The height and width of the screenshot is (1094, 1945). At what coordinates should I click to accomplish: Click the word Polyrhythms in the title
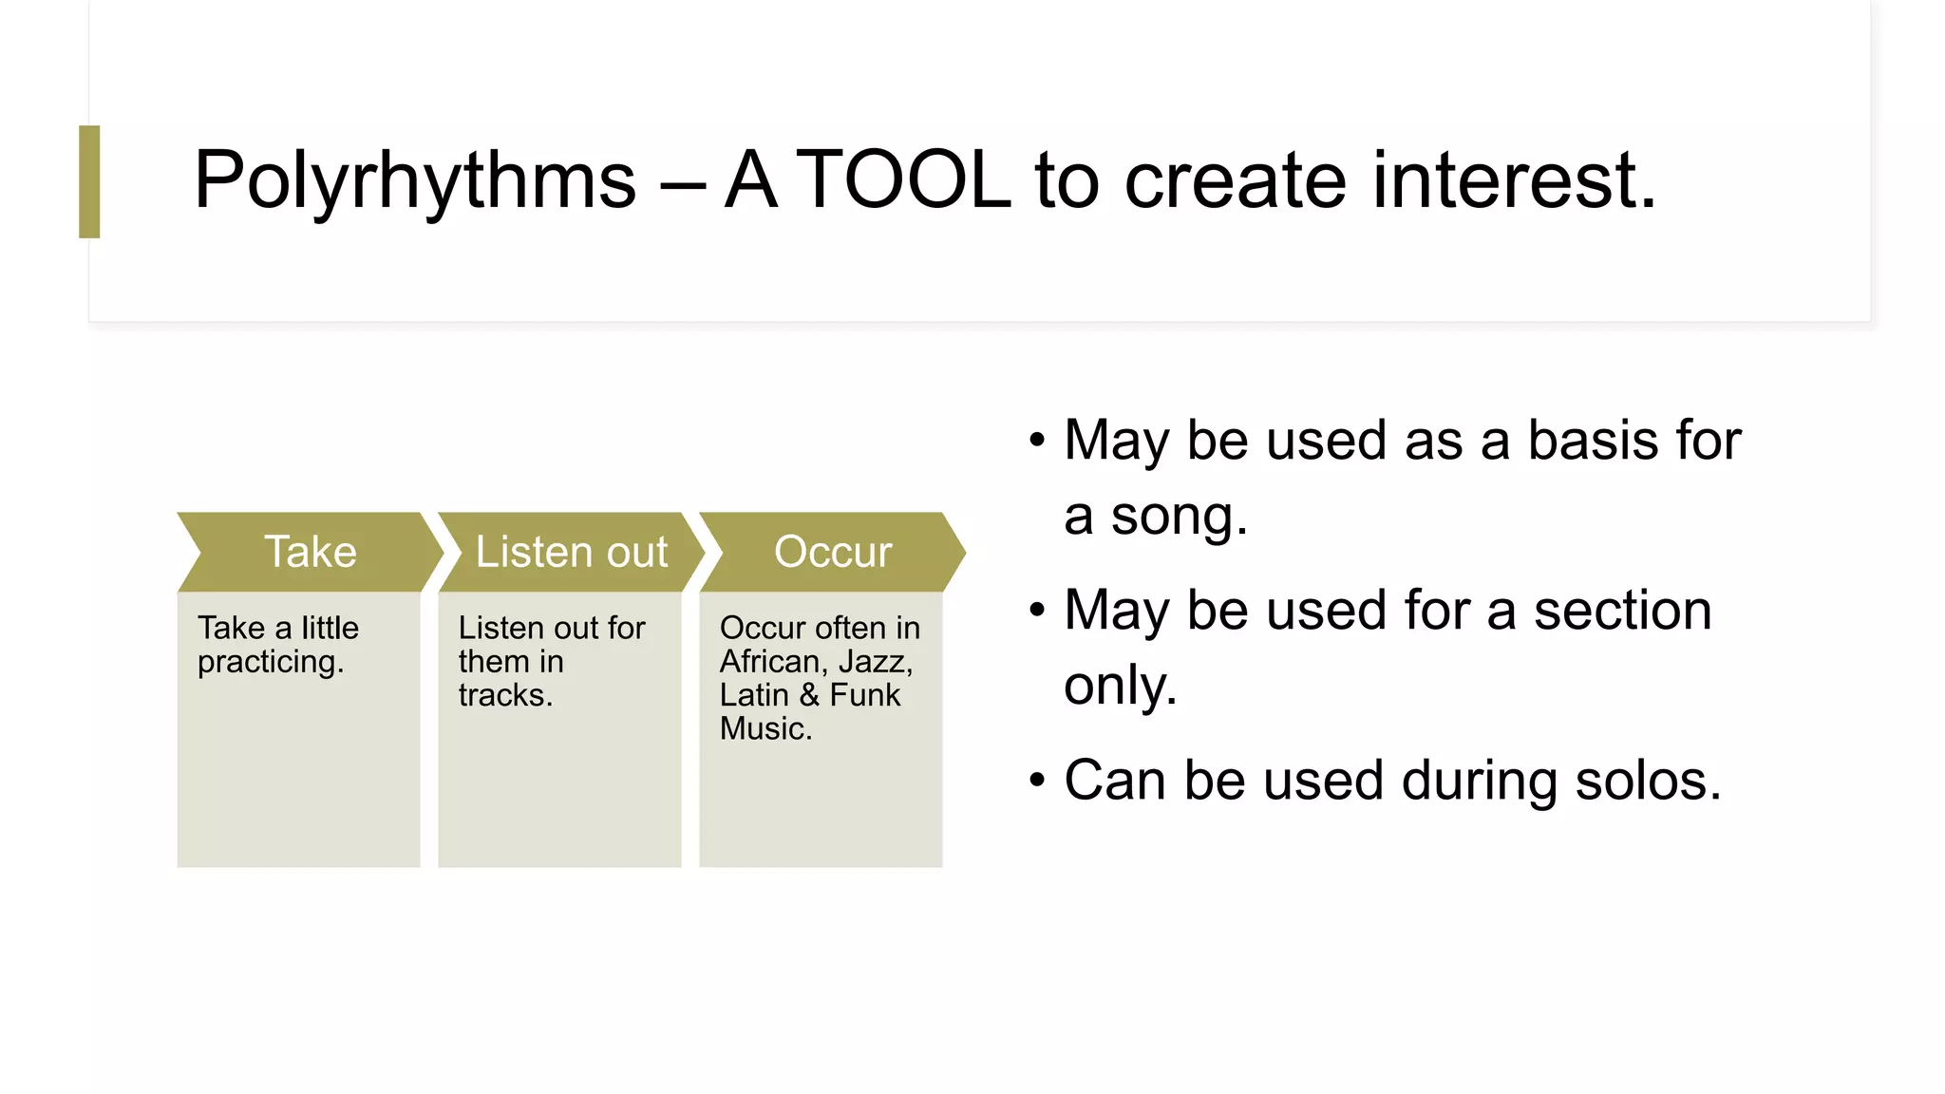[x=414, y=180]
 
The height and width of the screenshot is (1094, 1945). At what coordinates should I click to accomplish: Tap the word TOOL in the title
[x=904, y=180]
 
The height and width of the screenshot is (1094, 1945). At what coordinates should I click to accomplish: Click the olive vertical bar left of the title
[x=89, y=181]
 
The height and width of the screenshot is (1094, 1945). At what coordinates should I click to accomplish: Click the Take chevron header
[x=310, y=552]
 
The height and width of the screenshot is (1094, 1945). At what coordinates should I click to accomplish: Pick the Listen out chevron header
[x=571, y=552]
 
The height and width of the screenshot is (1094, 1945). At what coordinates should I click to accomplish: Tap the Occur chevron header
[x=832, y=552]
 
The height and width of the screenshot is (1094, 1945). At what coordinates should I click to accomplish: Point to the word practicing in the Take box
[x=269, y=662]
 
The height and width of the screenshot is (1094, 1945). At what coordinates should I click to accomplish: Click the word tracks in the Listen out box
[x=503, y=695]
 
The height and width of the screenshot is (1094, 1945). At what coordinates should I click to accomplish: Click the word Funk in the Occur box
[x=864, y=695]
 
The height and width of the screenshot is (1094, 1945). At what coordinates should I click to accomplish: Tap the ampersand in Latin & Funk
[x=809, y=695]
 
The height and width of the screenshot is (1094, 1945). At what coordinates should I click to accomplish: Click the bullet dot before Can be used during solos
[x=1037, y=781]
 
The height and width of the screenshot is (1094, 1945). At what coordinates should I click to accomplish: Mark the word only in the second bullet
[x=1118, y=686]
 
